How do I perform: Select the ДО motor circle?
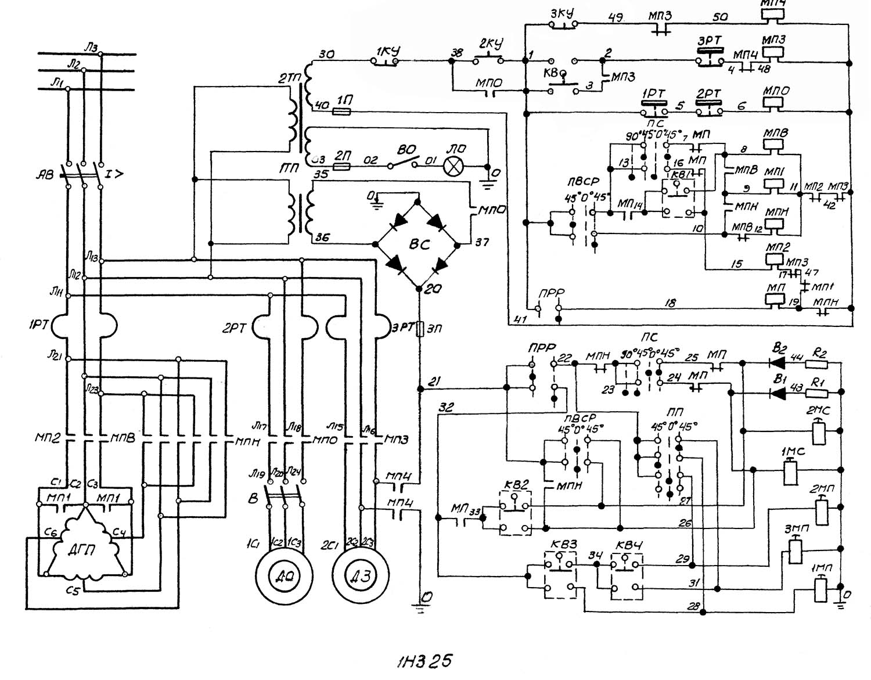tap(284, 575)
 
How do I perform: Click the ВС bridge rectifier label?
tap(419, 244)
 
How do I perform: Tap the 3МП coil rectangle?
tap(795, 551)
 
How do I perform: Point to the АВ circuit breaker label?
tap(44, 172)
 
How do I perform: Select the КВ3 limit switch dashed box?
tap(560, 575)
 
